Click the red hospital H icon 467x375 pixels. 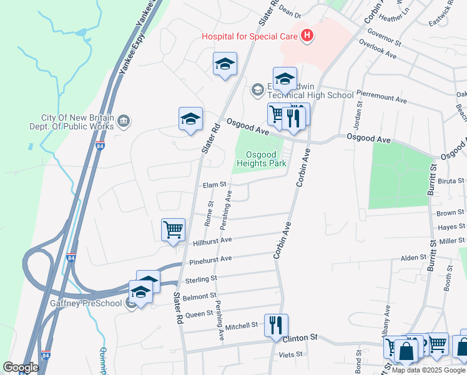[307, 36]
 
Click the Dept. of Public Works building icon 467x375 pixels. [123, 120]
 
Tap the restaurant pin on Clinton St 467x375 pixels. [275, 325]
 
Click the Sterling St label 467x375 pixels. [200, 277]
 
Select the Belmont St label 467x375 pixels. [200, 295]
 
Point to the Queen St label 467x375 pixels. [200, 313]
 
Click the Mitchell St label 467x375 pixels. [242, 326]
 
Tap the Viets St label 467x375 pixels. [290, 354]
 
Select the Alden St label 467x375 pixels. [413, 257]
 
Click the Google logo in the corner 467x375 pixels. [20, 367]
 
